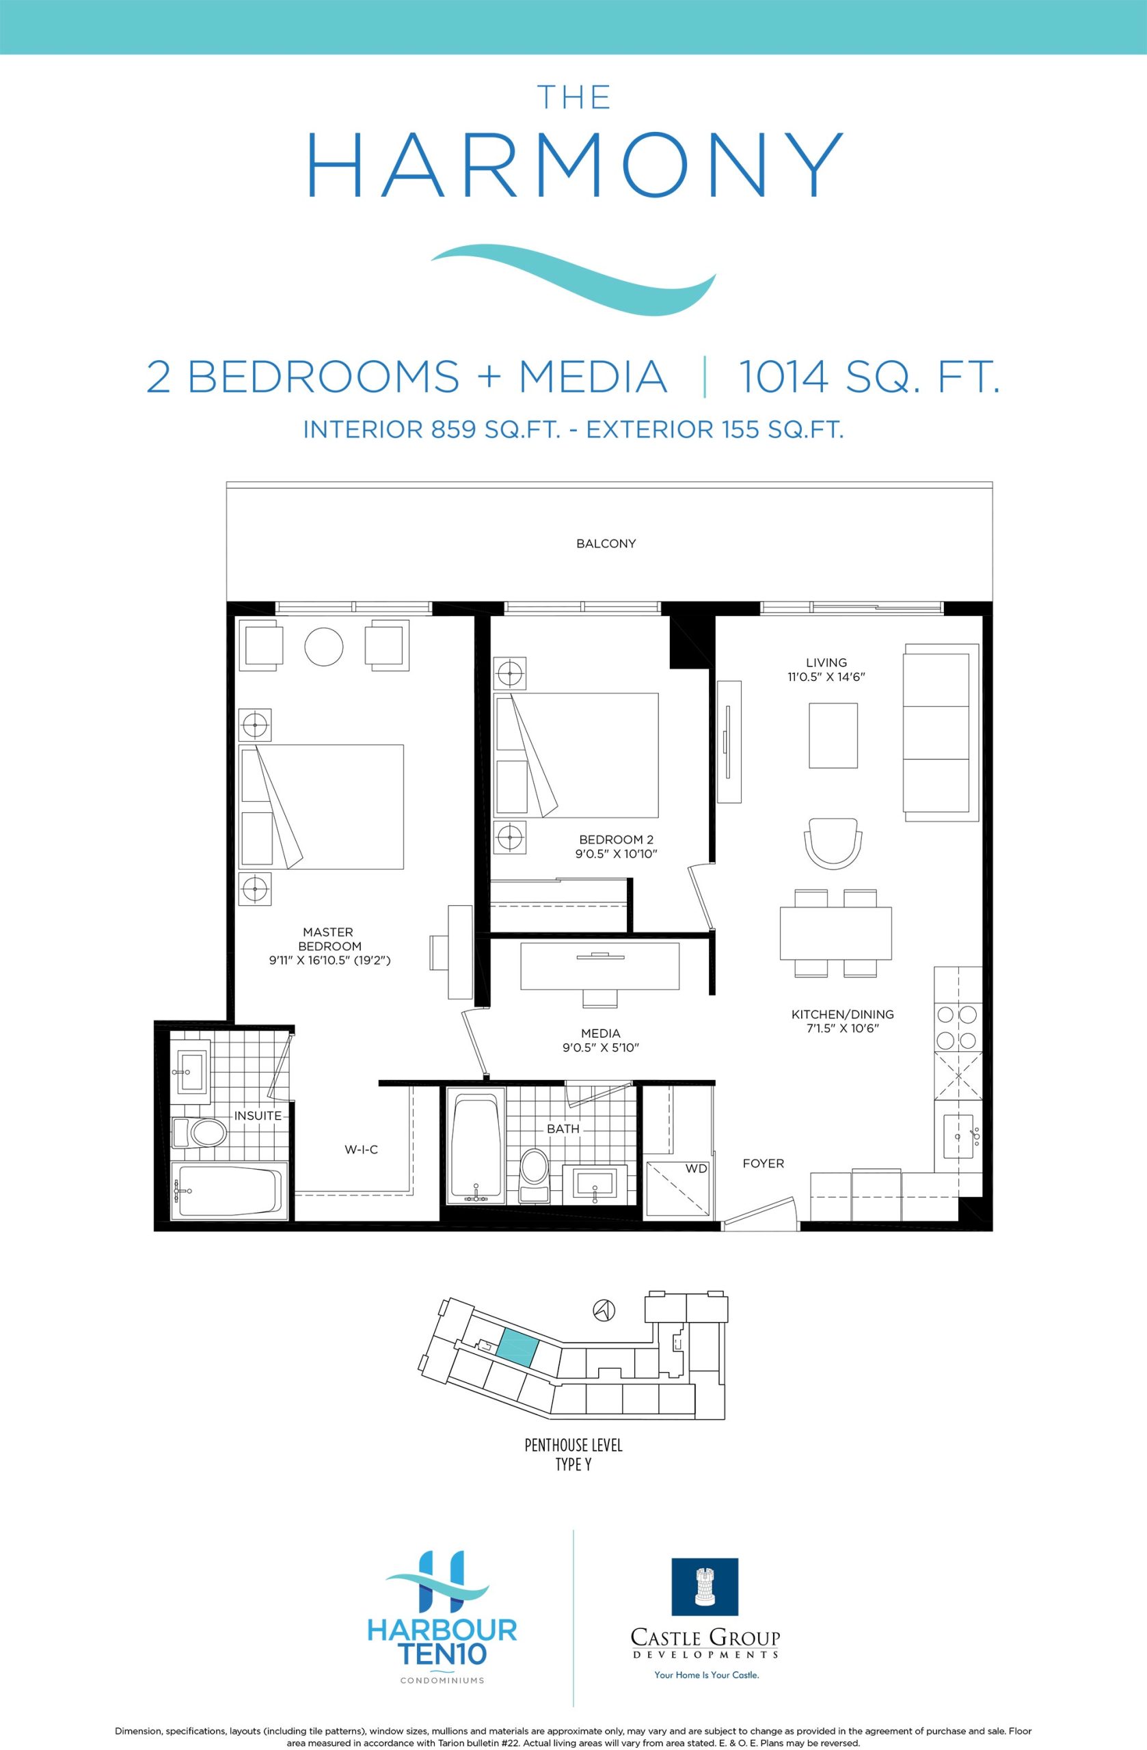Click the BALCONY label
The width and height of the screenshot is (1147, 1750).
(606, 543)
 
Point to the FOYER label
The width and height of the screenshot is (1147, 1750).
(764, 1163)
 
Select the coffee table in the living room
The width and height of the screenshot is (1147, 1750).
(833, 736)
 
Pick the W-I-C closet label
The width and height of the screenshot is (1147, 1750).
(362, 1149)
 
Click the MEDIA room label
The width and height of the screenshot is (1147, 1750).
(601, 1033)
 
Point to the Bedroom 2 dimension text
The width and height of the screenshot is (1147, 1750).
(616, 854)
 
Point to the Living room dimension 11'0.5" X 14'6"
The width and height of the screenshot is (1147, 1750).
(826, 677)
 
